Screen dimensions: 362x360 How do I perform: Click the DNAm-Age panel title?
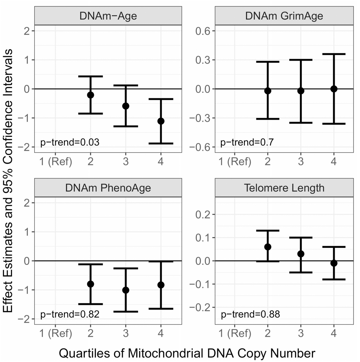click(x=108, y=16)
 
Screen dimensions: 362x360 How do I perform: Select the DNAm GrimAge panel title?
click(x=284, y=16)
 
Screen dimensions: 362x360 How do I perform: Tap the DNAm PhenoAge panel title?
click(x=108, y=188)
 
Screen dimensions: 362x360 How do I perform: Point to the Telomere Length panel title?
click(x=284, y=188)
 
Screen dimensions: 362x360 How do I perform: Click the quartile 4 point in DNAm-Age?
click(x=161, y=121)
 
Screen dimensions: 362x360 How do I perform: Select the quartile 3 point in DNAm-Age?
click(x=126, y=106)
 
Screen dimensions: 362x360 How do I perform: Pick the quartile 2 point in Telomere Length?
click(x=268, y=247)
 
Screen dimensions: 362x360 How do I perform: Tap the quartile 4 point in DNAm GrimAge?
click(x=334, y=89)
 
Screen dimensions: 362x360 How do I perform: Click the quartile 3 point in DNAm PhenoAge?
click(x=126, y=290)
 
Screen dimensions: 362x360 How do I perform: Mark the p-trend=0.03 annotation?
click(x=70, y=142)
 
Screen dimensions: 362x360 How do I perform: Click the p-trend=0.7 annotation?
click(x=247, y=142)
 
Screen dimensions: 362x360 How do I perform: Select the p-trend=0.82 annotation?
click(x=70, y=314)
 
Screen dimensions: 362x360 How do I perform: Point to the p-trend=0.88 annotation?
click(x=250, y=315)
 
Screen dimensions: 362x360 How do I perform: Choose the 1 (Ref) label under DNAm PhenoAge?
click(x=56, y=333)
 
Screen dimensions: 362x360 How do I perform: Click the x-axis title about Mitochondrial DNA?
click(x=187, y=353)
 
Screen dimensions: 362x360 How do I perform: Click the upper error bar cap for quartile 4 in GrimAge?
click(x=334, y=54)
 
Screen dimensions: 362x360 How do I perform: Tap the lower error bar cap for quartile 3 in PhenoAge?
click(x=126, y=312)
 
